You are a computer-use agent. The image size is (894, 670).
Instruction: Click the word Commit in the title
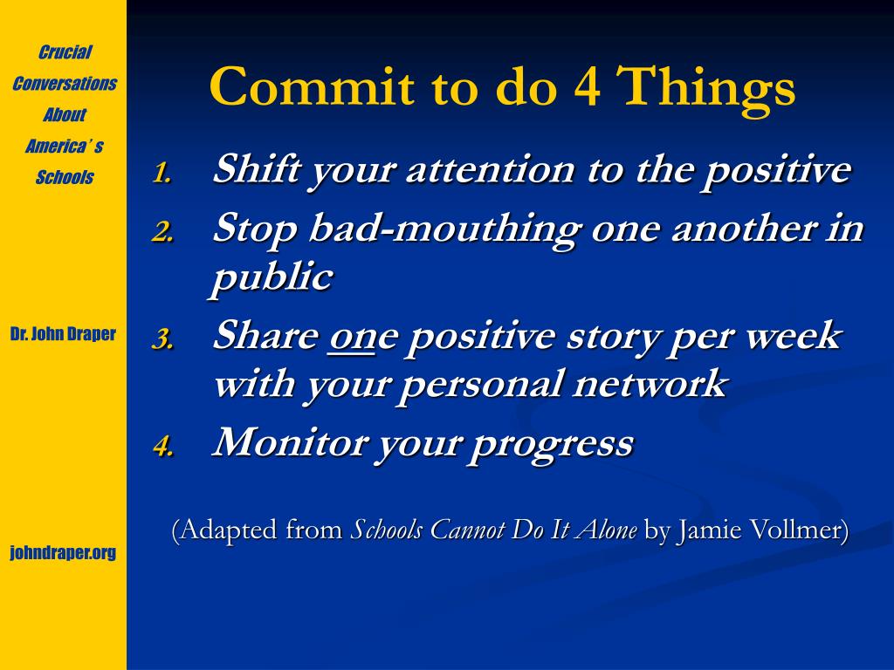pyautogui.click(x=312, y=86)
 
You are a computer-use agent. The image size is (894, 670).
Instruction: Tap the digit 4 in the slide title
pyautogui.click(x=587, y=86)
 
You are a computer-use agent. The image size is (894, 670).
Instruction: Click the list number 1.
pyautogui.click(x=162, y=173)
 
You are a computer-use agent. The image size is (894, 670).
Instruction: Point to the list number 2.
pyautogui.click(x=163, y=232)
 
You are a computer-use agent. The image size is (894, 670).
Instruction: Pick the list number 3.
pyautogui.click(x=163, y=339)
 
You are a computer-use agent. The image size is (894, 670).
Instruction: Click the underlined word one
pyautogui.click(x=352, y=338)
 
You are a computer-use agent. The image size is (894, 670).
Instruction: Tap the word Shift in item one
pyautogui.click(x=257, y=169)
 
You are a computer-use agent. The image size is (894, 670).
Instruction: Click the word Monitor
pyautogui.click(x=288, y=442)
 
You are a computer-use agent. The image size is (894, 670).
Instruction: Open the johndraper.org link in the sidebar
pyautogui.click(x=63, y=552)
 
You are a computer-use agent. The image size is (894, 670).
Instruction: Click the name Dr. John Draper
pyautogui.click(x=63, y=333)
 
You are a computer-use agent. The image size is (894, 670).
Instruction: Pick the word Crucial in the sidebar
pyautogui.click(x=65, y=52)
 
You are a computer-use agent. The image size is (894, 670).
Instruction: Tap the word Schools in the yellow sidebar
pyautogui.click(x=65, y=177)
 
